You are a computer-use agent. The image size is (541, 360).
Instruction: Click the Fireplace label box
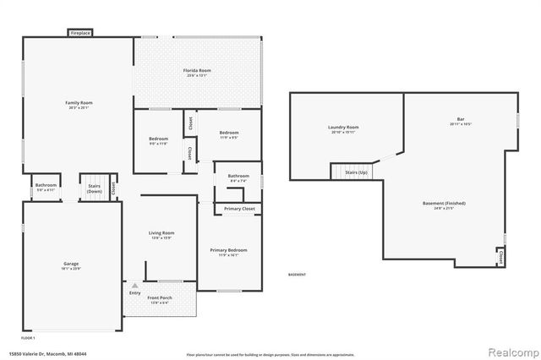click(x=80, y=33)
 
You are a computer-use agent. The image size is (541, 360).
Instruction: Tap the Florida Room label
click(x=198, y=71)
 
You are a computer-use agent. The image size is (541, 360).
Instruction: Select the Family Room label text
click(x=78, y=104)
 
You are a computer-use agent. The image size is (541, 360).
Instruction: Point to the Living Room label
click(x=161, y=234)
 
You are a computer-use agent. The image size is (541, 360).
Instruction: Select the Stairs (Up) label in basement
click(x=356, y=172)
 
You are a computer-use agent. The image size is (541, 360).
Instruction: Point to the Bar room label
click(x=461, y=122)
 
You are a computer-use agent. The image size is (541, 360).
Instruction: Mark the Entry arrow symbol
click(x=134, y=286)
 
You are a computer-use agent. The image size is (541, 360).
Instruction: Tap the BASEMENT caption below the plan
click(x=298, y=275)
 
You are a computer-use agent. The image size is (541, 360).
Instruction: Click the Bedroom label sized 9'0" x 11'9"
click(x=159, y=140)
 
